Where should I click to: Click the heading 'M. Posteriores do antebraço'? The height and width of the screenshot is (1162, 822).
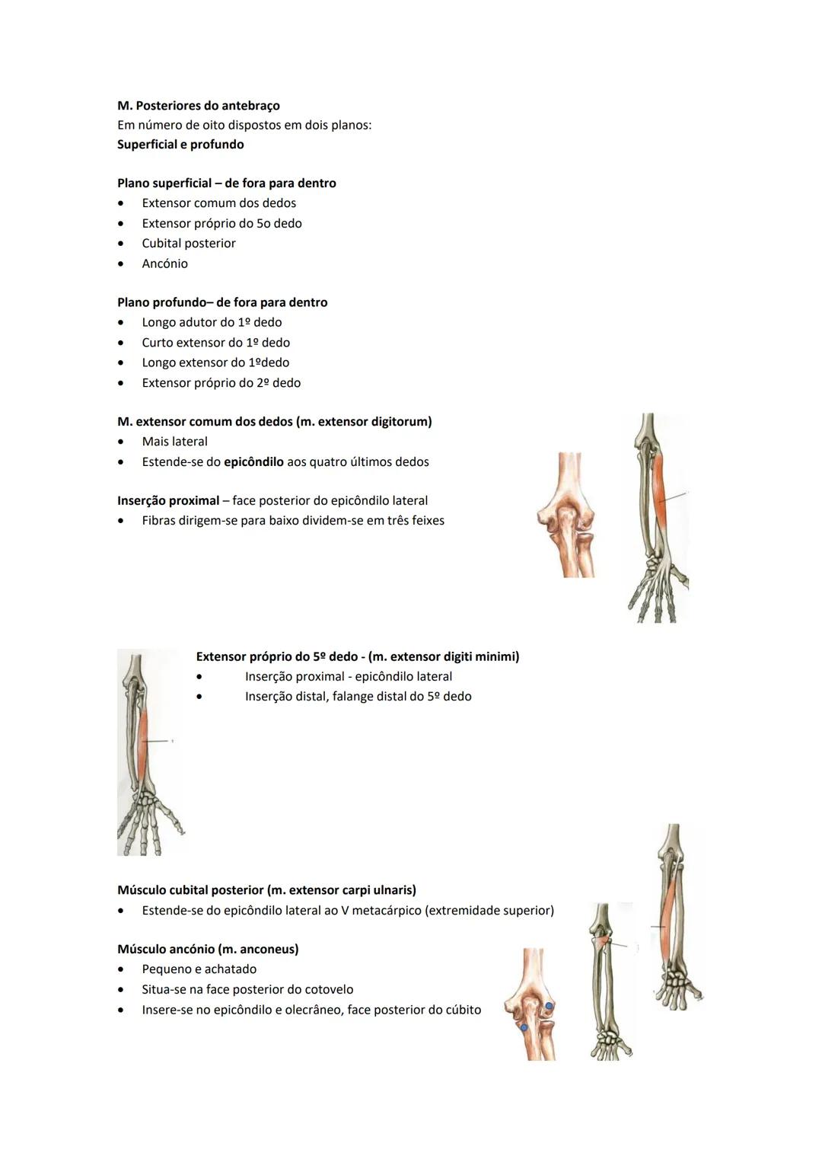tap(198, 106)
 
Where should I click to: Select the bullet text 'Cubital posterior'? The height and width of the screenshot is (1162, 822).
tap(188, 244)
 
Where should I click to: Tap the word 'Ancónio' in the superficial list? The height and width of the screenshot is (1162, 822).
tap(164, 263)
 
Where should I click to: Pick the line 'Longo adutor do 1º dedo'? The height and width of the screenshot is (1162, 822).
tap(212, 323)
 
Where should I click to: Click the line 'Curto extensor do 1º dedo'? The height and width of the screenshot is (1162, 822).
tap(215, 343)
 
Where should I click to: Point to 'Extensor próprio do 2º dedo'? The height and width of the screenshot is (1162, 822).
tap(221, 383)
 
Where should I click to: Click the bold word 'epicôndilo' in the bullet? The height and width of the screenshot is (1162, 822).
tap(253, 462)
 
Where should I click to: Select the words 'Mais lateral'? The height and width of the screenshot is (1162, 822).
tap(174, 442)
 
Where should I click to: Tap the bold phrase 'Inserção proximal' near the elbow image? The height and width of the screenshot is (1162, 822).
tap(168, 501)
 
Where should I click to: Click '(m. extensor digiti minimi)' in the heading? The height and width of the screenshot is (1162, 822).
tap(444, 656)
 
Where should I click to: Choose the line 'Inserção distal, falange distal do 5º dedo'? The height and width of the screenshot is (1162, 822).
tap(358, 697)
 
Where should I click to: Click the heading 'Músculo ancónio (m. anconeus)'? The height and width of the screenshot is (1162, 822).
tap(208, 950)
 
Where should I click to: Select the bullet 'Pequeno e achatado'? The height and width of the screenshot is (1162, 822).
tap(199, 969)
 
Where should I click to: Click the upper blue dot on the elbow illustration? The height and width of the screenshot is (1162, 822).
tap(549, 1006)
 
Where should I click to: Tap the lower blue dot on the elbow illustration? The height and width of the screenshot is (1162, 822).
tap(524, 1027)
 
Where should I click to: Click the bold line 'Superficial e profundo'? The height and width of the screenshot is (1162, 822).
tap(180, 145)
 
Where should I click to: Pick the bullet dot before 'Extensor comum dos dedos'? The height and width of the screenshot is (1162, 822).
tap(120, 203)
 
